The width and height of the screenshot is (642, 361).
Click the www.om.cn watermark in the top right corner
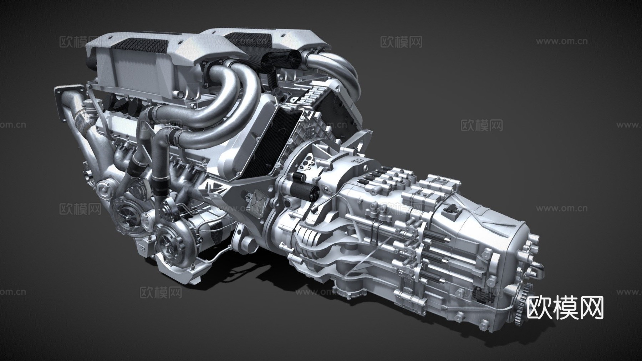561,41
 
